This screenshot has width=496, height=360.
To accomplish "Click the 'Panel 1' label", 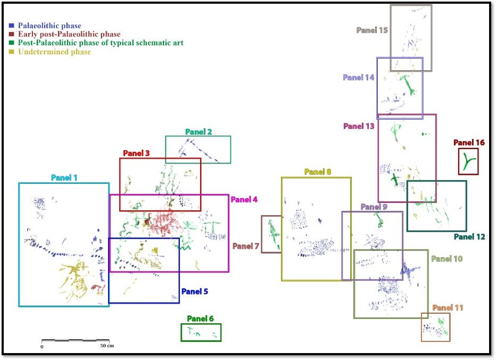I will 64,177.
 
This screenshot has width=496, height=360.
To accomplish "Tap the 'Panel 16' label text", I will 469,143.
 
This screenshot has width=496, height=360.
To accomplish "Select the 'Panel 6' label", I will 200,318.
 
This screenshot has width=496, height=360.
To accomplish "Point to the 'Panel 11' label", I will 448,308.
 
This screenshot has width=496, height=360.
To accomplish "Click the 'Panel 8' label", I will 318,171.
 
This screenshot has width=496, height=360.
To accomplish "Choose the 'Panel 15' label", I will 372,30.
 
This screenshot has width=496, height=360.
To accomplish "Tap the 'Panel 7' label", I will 246,246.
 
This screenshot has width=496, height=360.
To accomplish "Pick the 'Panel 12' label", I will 469,237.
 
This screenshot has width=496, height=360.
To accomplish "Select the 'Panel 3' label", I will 136,153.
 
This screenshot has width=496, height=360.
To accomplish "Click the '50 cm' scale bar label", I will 107,346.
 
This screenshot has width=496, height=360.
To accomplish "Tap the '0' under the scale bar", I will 42,346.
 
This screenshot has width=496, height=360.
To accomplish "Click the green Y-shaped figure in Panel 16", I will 468,162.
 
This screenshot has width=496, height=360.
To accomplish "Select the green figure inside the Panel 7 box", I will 272,234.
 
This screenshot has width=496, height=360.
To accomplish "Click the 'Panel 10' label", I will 447,259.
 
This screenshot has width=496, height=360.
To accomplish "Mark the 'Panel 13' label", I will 359,126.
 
